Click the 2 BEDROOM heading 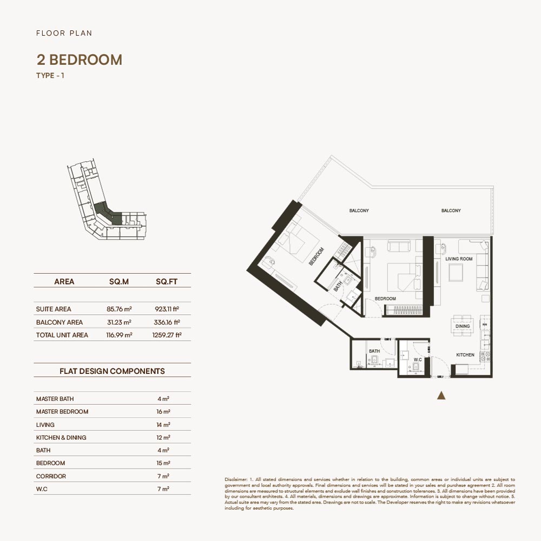coord(79,60)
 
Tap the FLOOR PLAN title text coord(64,33)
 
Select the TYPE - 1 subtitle coord(50,76)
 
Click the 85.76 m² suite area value coord(119,309)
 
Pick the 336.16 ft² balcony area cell coord(167,322)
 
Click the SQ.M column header coord(119,282)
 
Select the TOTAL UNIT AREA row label coord(62,335)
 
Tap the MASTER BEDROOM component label coord(62,412)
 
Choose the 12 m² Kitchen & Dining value coord(163,438)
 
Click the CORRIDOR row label coord(51,477)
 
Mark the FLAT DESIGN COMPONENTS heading coord(112,372)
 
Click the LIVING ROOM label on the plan coord(459,259)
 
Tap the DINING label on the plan coord(463,327)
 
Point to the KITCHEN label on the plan coord(465,355)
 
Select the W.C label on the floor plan coord(417,359)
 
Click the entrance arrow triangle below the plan coord(441,395)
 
